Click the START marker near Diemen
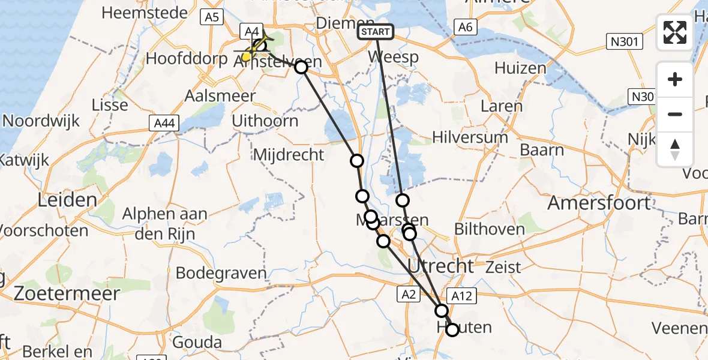click(376, 32)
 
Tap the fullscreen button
click(675, 32)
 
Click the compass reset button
click(675, 149)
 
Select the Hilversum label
click(470, 137)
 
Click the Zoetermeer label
click(60, 293)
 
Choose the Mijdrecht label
click(289, 155)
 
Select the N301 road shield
click(624, 42)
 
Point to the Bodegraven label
click(221, 273)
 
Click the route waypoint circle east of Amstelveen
click(301, 67)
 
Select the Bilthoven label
click(490, 229)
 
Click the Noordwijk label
click(41, 121)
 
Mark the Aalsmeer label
click(220, 96)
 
